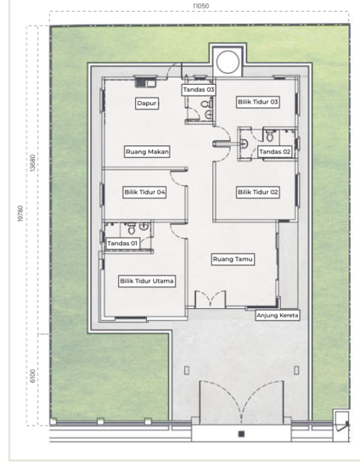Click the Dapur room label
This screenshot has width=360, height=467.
pyautogui.click(x=147, y=104)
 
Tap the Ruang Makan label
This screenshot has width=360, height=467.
pyautogui.click(x=147, y=152)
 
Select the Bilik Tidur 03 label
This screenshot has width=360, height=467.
pyautogui.click(x=258, y=102)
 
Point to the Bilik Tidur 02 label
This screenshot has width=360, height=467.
pyautogui.click(x=258, y=192)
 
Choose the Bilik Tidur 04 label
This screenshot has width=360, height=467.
pyautogui.click(x=144, y=192)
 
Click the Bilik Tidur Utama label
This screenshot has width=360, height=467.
pyautogui.click(x=147, y=281)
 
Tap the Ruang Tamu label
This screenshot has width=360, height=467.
pyautogui.click(x=233, y=259)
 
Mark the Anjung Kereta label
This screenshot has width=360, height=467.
pyautogui.click(x=278, y=315)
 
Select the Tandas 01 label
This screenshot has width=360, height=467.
pyautogui.click(x=122, y=244)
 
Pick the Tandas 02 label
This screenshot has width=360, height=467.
pyautogui.click(x=274, y=152)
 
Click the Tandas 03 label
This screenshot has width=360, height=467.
pyautogui.click(x=199, y=90)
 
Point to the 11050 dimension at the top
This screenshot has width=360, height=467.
pyautogui.click(x=200, y=6)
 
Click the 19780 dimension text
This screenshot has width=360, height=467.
pyautogui.click(x=20, y=213)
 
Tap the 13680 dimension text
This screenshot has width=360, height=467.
pyautogui.click(x=33, y=163)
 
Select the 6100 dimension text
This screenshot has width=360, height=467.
pyautogui.click(x=33, y=376)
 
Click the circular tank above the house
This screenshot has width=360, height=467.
pyautogui.click(x=228, y=62)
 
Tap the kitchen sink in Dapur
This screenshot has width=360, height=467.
pyautogui.click(x=145, y=82)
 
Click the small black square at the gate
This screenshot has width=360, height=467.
pyautogui.click(x=241, y=434)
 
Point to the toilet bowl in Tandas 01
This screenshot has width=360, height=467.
pyautogui.click(x=132, y=229)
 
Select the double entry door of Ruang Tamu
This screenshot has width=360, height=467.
pyautogui.click(x=211, y=299)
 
